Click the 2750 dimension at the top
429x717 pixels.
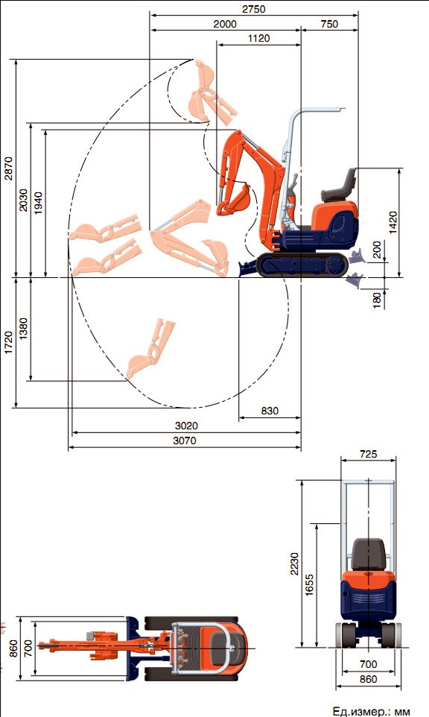click(x=253, y=9)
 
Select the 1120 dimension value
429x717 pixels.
click(x=259, y=39)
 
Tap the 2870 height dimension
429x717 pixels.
click(x=9, y=168)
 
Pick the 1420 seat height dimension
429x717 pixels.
click(x=393, y=223)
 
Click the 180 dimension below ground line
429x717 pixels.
click(x=378, y=300)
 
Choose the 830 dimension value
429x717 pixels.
click(x=270, y=411)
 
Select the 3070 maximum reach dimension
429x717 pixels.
click(x=185, y=440)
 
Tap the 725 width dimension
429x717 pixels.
click(x=368, y=454)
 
